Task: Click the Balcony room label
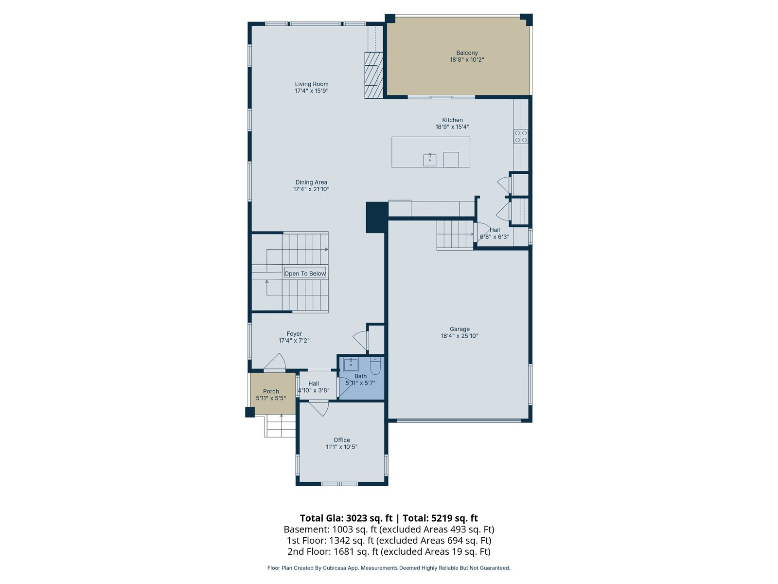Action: tap(467, 53)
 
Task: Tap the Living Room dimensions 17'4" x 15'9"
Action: tap(312, 91)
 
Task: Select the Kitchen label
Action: tap(452, 120)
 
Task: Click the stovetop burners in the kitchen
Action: tap(521, 137)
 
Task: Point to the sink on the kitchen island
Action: tap(429, 160)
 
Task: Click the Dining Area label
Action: tap(311, 182)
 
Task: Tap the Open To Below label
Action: tap(305, 274)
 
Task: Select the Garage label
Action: tap(460, 329)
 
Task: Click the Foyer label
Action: tap(294, 334)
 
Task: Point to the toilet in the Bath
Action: tap(375, 365)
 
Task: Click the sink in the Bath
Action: tap(351, 364)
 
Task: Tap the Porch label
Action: tap(271, 391)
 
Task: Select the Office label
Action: tap(342, 440)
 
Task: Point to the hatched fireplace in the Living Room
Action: tap(374, 75)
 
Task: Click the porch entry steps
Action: tap(280, 427)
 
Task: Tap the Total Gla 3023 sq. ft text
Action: tap(346, 518)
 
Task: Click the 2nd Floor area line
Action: tap(389, 551)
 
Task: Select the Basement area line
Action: tap(389, 529)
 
